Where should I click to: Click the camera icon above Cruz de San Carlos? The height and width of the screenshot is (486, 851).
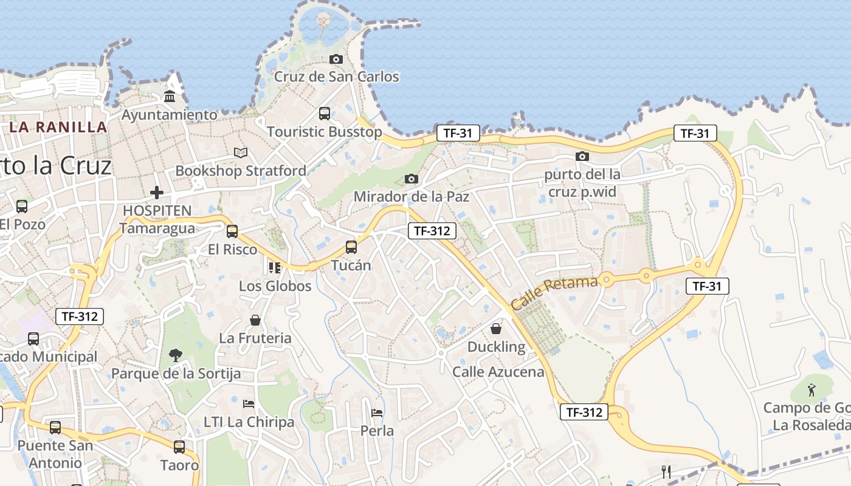336,59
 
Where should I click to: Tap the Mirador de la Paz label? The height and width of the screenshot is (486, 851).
411,196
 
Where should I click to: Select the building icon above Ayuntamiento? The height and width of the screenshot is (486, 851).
170,97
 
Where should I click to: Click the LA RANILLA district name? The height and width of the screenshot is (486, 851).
58,127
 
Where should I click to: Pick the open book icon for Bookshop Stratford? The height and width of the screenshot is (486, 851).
241,152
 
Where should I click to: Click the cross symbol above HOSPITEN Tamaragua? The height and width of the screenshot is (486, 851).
157,193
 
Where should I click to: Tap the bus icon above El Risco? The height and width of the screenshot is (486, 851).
232,231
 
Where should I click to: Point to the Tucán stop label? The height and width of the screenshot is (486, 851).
351,265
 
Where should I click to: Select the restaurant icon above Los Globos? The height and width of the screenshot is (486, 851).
274,267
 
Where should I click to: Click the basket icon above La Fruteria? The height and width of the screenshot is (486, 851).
255,320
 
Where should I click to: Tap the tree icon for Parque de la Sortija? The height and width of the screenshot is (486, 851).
176,355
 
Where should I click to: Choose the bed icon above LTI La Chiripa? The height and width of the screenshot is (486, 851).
249,403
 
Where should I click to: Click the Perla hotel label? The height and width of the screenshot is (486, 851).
377,431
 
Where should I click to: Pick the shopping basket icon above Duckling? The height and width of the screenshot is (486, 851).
496,329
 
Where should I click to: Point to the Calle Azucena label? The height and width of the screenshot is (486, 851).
498,371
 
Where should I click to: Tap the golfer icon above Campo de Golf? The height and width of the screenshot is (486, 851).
811,388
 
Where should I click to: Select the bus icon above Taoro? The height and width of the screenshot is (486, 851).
179,447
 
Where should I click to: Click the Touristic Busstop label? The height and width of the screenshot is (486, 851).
324,131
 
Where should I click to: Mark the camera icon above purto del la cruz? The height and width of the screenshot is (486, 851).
582,156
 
